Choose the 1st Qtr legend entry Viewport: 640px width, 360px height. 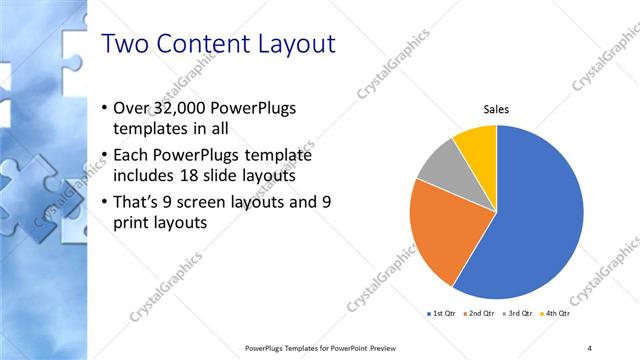[x=441, y=313]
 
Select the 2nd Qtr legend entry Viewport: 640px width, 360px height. [x=480, y=313]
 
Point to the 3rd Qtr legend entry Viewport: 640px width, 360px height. [x=519, y=313]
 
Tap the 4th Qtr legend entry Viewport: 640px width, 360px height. [x=557, y=313]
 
